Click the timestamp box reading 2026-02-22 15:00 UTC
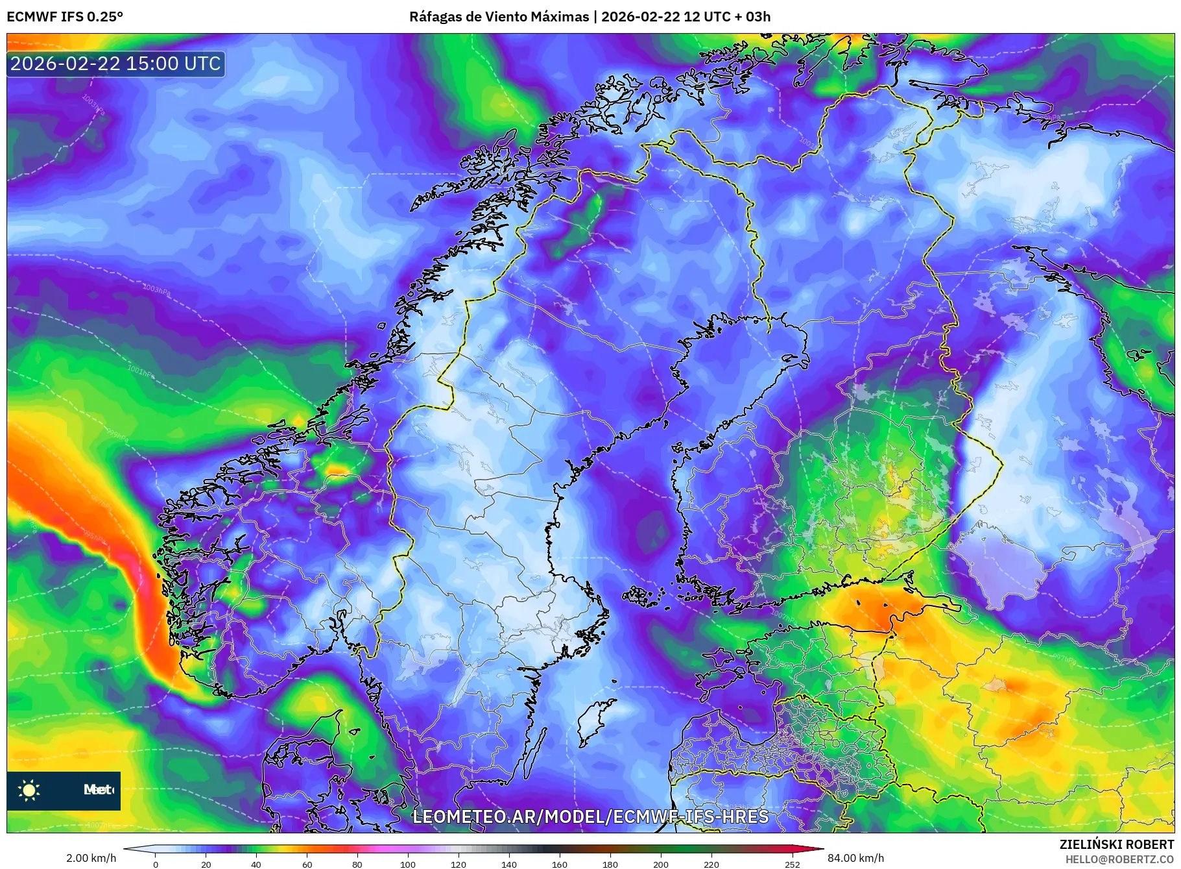click(x=115, y=64)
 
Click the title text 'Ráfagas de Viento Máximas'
click(x=499, y=17)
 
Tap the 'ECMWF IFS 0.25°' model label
click(x=65, y=17)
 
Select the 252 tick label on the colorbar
click(x=792, y=864)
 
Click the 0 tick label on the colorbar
click(x=155, y=864)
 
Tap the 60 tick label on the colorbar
click(x=307, y=864)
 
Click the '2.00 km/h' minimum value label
click(x=91, y=858)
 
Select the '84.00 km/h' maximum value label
click(x=855, y=858)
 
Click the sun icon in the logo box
click(x=29, y=790)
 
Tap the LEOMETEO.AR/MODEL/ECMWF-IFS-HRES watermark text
click(x=590, y=816)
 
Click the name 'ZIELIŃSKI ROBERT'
click(x=1116, y=844)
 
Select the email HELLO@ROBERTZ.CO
click(x=1119, y=859)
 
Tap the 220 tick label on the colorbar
click(x=711, y=864)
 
